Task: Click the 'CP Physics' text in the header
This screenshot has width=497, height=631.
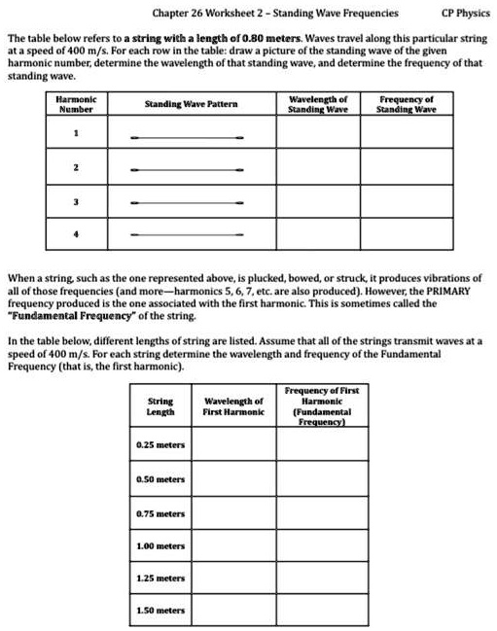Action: point(465,14)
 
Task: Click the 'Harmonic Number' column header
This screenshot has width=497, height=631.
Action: point(75,104)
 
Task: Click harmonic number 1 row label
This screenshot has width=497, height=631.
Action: point(75,134)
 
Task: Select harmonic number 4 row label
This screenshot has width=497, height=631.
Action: point(75,234)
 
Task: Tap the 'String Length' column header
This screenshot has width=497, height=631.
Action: point(160,406)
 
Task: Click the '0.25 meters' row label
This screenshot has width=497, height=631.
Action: point(160,444)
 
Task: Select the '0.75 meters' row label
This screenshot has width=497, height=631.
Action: point(160,512)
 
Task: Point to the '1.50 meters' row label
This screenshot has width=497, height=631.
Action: point(160,611)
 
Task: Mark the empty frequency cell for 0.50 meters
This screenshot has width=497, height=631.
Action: point(314,478)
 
